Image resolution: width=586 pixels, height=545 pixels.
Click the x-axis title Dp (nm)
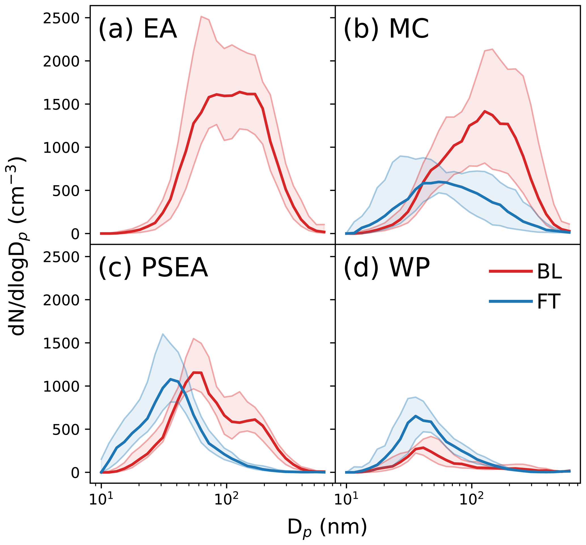[x=327, y=527]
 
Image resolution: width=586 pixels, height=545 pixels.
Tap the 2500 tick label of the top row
[x=61, y=18]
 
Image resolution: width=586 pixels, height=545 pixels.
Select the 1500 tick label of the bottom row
[x=61, y=343]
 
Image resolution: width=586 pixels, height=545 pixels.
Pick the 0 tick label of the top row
[x=75, y=234]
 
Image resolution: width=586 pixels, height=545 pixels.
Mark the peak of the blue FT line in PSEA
[x=170, y=379]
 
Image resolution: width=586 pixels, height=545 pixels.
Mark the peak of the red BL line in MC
[x=484, y=111]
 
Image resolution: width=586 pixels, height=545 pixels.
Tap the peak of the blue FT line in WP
[x=416, y=416]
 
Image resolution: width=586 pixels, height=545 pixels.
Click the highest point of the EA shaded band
[x=201, y=16]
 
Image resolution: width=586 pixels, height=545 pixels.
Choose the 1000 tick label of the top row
[x=61, y=148]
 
